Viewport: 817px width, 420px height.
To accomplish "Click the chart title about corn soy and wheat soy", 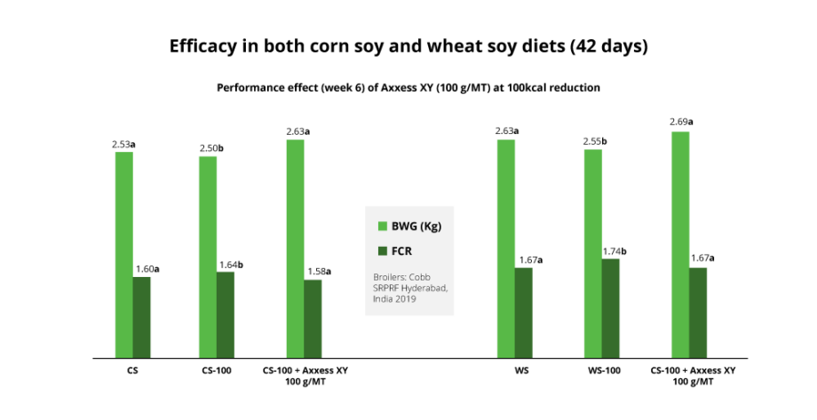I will pos(408,46).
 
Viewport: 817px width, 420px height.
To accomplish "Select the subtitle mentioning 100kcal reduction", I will pos(408,89).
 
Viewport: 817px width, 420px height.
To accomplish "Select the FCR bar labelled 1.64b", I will pos(226,315).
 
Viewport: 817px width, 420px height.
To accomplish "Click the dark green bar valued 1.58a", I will pos(313,320).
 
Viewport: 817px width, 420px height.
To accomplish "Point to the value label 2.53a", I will pos(123,144).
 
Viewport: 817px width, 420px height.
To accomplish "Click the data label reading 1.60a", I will pos(147,269).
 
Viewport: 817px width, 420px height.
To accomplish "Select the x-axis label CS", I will pos(132,369).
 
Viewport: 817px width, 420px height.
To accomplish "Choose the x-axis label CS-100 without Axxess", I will pos(216,369).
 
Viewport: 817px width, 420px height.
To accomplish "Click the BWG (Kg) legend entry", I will pos(409,226).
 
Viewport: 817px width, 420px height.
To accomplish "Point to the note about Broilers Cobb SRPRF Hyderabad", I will pos(410,288).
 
